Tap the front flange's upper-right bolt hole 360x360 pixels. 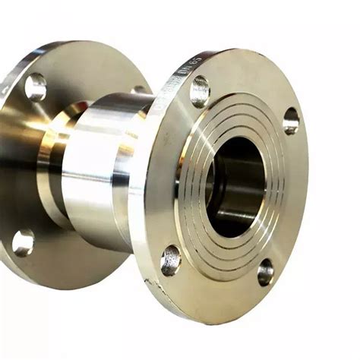click(291, 121)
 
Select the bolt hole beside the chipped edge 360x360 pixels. click(171, 260)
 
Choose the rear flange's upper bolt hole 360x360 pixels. click(36, 87)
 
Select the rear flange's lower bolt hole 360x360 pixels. click(24, 243)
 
